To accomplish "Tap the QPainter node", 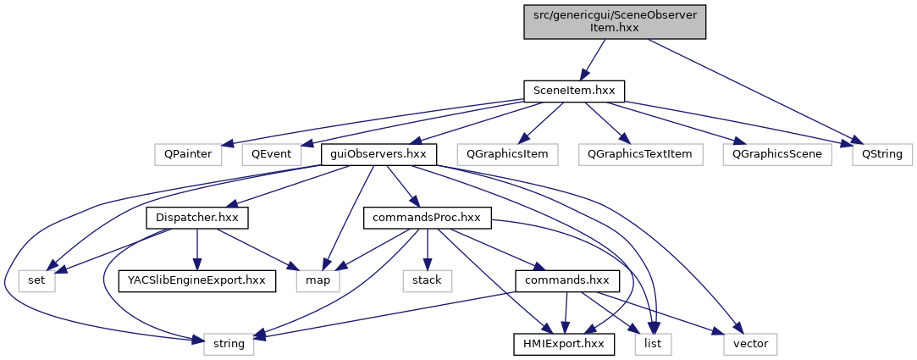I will (189, 154).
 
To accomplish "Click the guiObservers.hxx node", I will (378, 154).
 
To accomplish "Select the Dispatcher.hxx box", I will (197, 218).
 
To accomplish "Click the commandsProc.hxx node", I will (427, 218).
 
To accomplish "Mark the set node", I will (37, 280).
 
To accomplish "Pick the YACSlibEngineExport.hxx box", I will (197, 280).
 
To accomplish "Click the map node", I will (318, 280).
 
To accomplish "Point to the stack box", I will (427, 280).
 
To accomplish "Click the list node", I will (653, 344).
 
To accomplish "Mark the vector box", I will (749, 344).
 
